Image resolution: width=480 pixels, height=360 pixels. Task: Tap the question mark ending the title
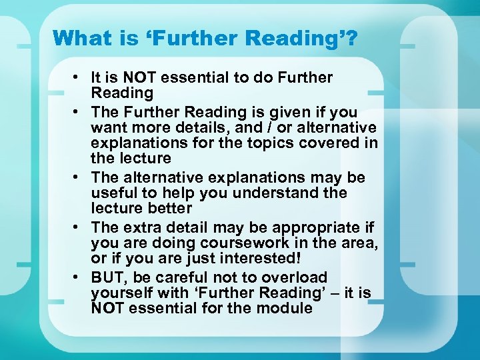click(x=351, y=38)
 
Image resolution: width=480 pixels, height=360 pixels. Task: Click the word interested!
click(x=260, y=259)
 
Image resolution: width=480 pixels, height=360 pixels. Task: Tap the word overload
click(x=294, y=277)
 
